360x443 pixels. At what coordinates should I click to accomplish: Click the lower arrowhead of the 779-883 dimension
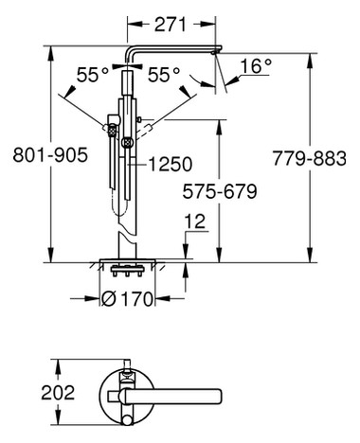309,257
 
